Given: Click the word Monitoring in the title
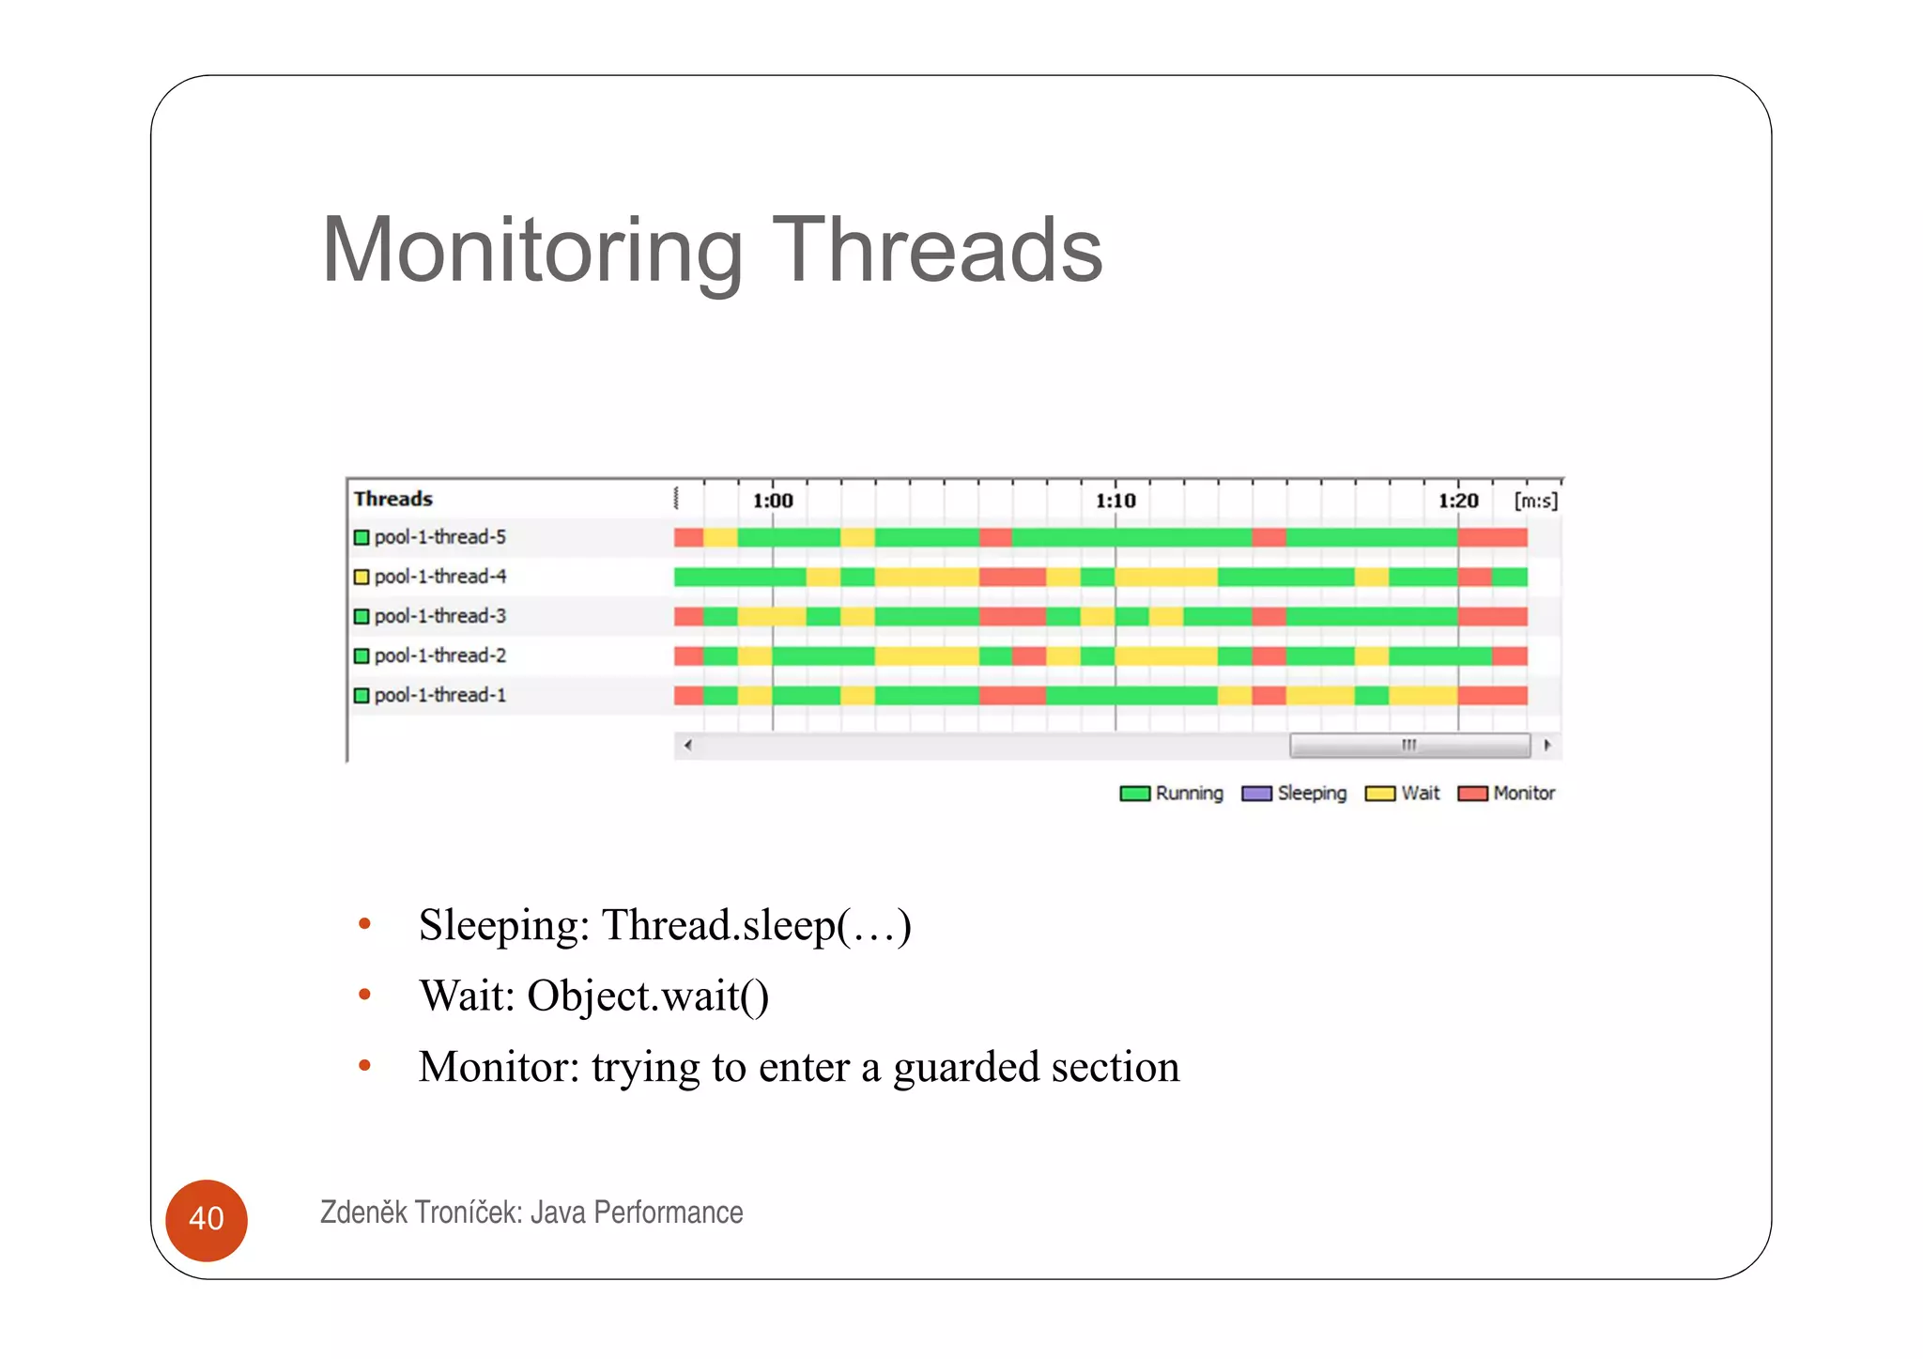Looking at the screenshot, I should click(531, 251).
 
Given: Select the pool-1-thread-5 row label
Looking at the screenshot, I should click(439, 537).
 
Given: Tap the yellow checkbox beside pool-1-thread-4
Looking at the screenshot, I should click(362, 577).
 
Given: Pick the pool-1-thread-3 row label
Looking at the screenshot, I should click(439, 616).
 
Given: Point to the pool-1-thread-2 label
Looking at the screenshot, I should click(439, 656).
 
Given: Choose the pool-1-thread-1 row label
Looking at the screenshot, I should click(439, 695).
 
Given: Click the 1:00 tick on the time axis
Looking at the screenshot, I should click(773, 501).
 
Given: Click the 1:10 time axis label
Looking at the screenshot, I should click(1115, 501).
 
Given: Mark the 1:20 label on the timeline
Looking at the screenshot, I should click(1458, 501).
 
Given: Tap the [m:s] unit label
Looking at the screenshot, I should click(1535, 501).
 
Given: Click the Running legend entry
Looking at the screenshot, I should click(1172, 794).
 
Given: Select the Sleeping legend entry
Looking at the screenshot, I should click(1294, 794).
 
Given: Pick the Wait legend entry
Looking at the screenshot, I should click(1403, 794).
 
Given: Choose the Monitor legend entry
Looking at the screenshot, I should click(1507, 794).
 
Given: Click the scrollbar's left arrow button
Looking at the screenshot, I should click(688, 746).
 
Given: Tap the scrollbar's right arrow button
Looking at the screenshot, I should click(1546, 746).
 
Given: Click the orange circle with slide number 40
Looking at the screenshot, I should click(207, 1220).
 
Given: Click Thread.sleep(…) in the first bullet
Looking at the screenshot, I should click(756, 925).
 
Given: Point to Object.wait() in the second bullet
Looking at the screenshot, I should click(648, 996).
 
